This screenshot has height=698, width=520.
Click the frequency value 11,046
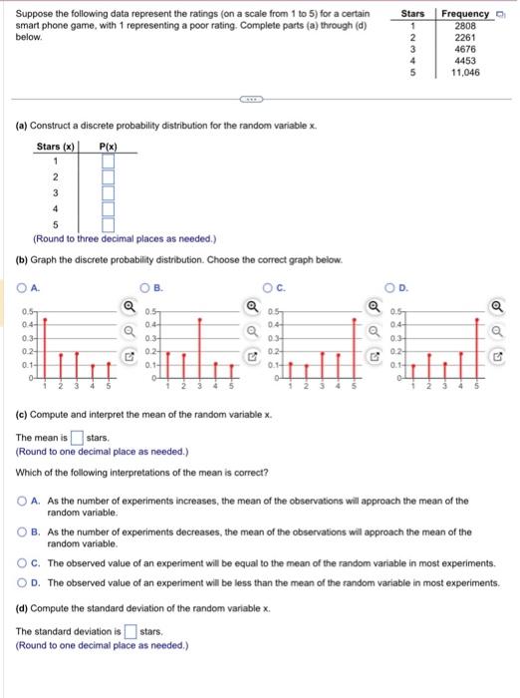[x=465, y=72]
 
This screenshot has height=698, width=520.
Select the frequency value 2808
[x=465, y=25]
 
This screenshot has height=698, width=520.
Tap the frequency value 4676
[x=465, y=49]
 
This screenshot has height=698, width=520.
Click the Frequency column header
[x=465, y=13]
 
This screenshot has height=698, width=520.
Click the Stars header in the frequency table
[x=412, y=13]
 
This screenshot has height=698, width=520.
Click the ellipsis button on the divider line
[x=249, y=100]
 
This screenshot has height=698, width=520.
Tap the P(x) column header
[x=108, y=146]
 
